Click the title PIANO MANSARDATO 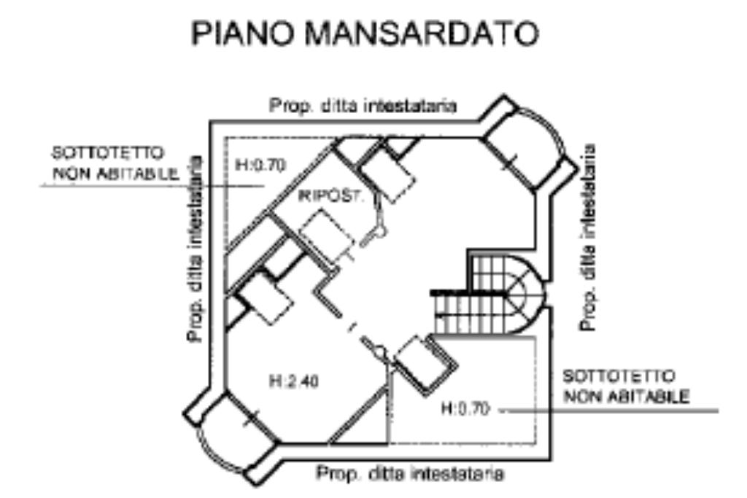(x=365, y=34)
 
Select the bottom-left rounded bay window (x=226, y=430)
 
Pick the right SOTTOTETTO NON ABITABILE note (x=627, y=386)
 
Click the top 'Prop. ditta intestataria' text (x=363, y=106)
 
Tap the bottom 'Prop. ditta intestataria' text (x=409, y=474)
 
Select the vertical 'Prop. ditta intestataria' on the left (x=195, y=249)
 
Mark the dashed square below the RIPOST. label (x=325, y=233)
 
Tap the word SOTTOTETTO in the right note (x=619, y=377)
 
